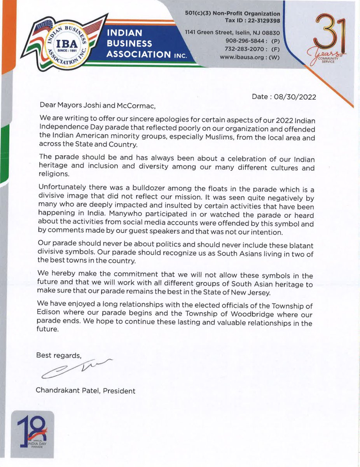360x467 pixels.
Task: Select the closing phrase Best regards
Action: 59,355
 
